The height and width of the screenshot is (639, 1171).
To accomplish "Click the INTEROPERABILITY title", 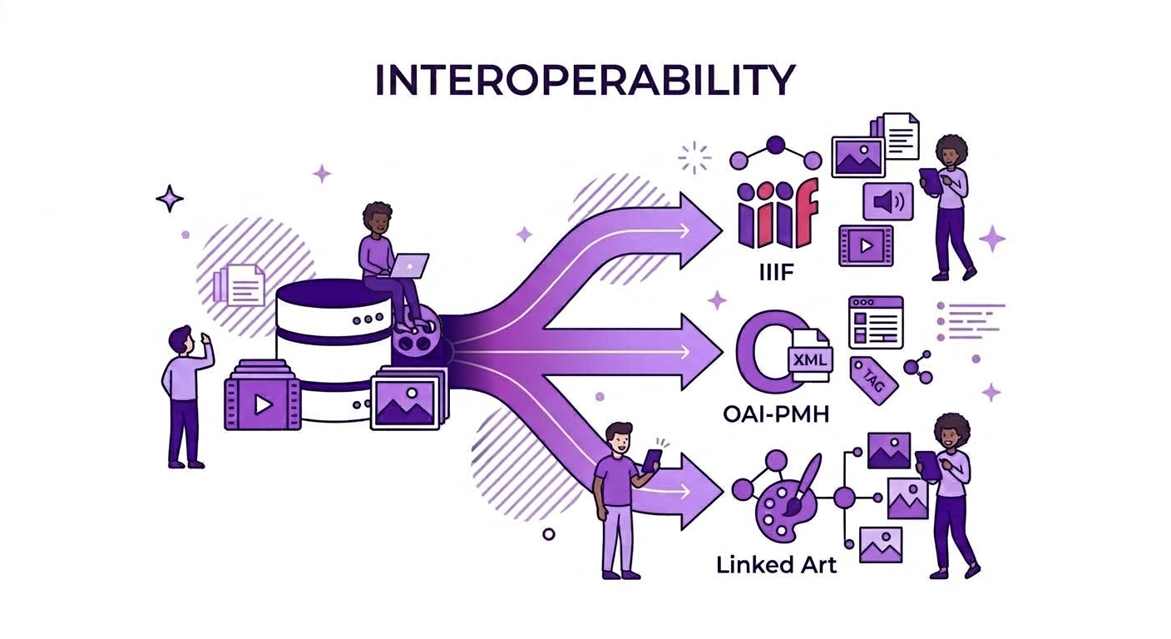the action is click(585, 80).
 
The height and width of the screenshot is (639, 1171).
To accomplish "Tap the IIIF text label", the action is click(776, 272).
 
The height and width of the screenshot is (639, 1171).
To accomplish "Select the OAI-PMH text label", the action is click(776, 414).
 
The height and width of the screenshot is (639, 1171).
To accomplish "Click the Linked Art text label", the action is click(776, 565).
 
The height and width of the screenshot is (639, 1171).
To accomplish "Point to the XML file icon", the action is click(810, 356).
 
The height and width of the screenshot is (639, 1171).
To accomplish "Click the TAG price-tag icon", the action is click(873, 380).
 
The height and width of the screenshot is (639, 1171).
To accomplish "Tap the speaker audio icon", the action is click(887, 201).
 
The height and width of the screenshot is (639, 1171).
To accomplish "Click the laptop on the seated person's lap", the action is click(409, 266).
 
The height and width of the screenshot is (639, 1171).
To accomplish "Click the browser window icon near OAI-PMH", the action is click(876, 322).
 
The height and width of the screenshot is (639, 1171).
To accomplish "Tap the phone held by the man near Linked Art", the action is click(651, 461).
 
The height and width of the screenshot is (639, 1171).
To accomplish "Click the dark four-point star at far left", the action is click(170, 199).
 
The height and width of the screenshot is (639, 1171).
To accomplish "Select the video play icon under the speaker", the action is click(866, 245).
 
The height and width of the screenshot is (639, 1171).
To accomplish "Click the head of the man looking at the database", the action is click(181, 340).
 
